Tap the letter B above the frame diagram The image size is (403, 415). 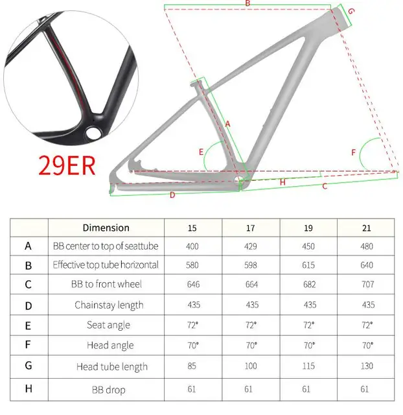[248, 4]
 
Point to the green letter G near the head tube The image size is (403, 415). [351, 12]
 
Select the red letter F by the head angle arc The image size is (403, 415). [354, 152]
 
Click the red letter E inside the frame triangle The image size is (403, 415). [201, 152]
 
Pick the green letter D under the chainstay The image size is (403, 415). [172, 195]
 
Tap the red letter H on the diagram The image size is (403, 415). [282, 182]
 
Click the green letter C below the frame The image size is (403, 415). [325, 186]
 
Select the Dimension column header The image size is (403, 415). [106, 228]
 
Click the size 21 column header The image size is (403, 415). [366, 228]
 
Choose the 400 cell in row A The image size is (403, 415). [192, 246]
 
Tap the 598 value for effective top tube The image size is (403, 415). [251, 265]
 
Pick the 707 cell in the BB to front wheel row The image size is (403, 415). [367, 284]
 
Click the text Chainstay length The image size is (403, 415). [108, 305]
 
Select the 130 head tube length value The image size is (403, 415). [367, 366]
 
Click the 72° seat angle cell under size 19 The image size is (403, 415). [310, 325]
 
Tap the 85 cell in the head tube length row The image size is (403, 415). [193, 366]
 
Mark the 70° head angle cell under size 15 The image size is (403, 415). [193, 345]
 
